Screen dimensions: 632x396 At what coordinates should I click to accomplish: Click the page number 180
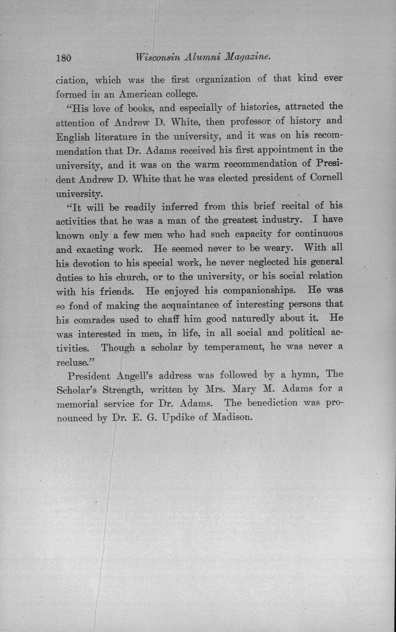coord(64,58)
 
